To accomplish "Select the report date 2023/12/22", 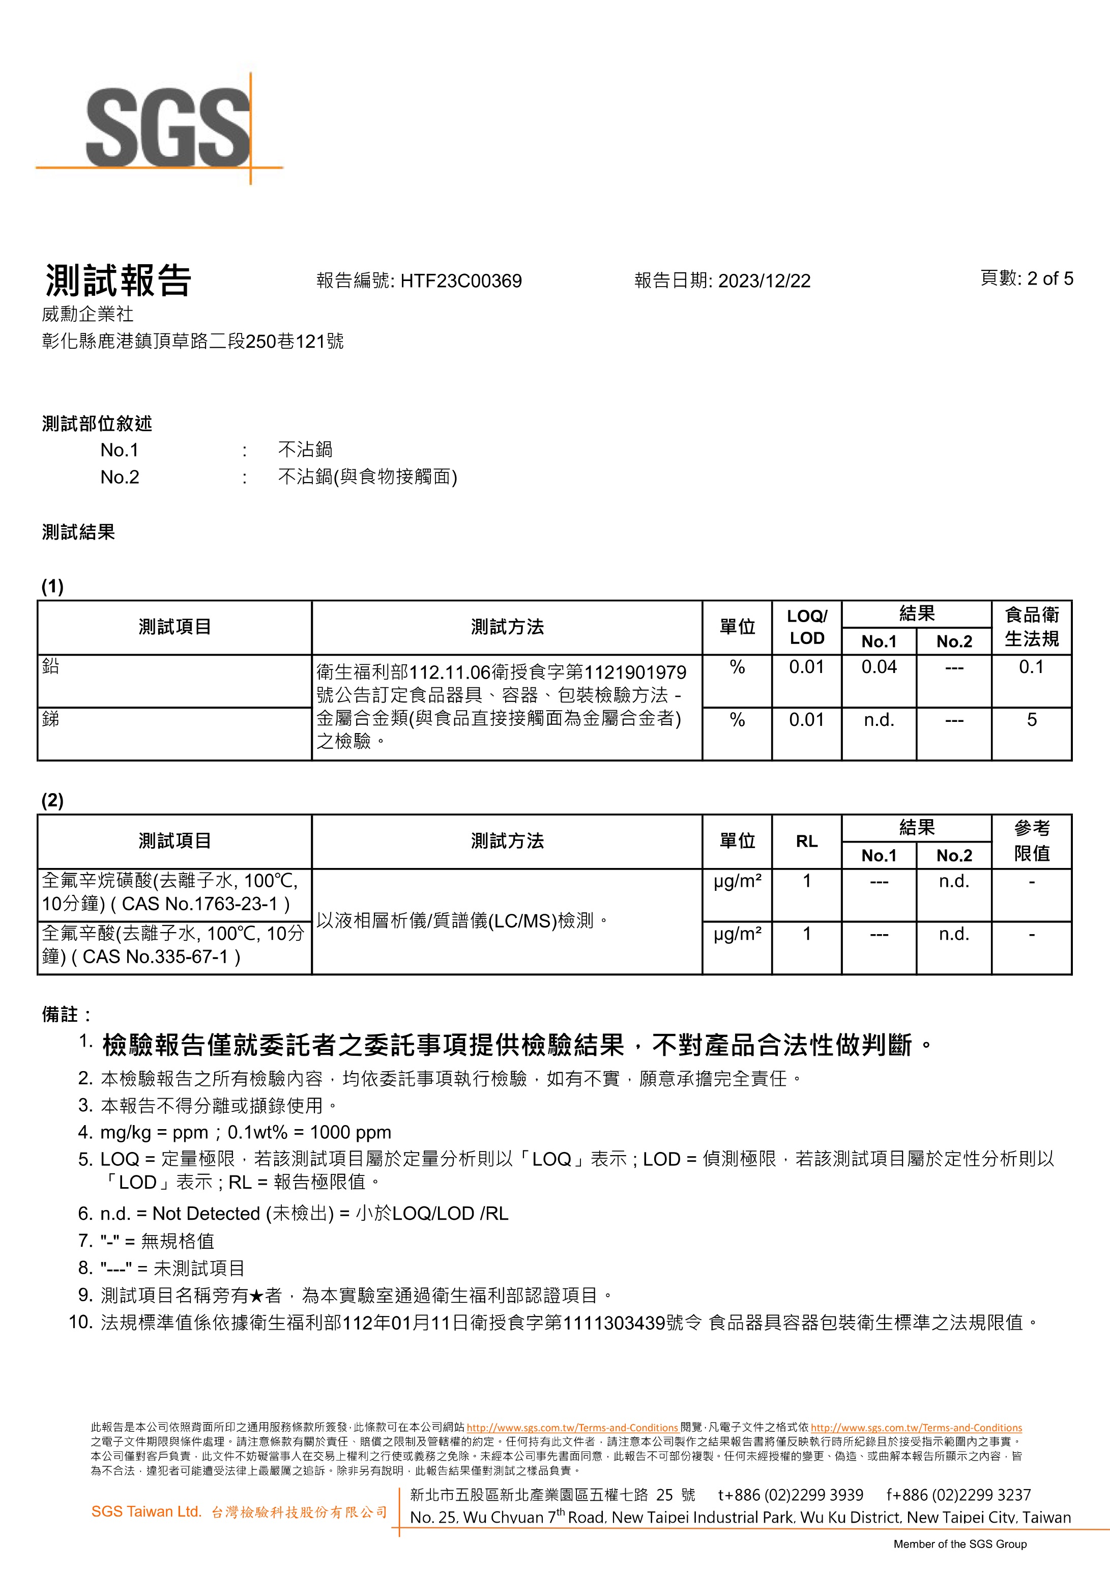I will [764, 281].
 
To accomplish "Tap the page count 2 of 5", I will [1050, 278].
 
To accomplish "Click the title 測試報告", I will [118, 280].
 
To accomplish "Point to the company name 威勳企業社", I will [87, 314].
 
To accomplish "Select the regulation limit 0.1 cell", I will [1031, 667].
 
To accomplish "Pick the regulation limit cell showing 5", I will [1031, 720].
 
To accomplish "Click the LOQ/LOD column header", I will [806, 627].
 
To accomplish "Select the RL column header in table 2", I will [806, 841].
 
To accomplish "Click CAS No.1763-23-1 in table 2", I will [205, 904].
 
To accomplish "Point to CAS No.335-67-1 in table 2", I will [161, 957].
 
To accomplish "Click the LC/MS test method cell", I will [462, 921].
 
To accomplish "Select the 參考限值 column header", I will [1031, 841].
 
